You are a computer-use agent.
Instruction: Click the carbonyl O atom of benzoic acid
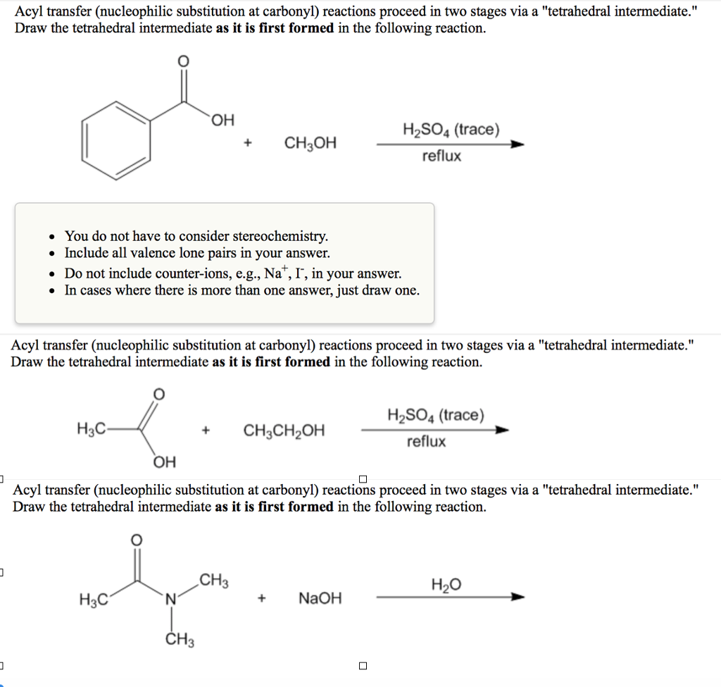(x=183, y=62)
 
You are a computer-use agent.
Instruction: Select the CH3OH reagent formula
(x=310, y=144)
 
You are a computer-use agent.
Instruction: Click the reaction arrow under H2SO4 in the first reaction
(x=451, y=144)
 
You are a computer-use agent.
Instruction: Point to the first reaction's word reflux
(x=441, y=156)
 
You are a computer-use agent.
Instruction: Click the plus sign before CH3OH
(x=248, y=144)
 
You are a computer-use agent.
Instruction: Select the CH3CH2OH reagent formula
(x=284, y=431)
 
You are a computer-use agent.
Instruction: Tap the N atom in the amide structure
(x=170, y=600)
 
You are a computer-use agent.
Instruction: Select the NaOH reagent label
(x=320, y=599)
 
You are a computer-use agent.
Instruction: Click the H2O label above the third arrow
(x=446, y=585)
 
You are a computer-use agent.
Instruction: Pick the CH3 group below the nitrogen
(x=180, y=640)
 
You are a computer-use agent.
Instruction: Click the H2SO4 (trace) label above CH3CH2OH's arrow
(x=436, y=415)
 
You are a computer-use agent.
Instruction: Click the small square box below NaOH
(x=363, y=665)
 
